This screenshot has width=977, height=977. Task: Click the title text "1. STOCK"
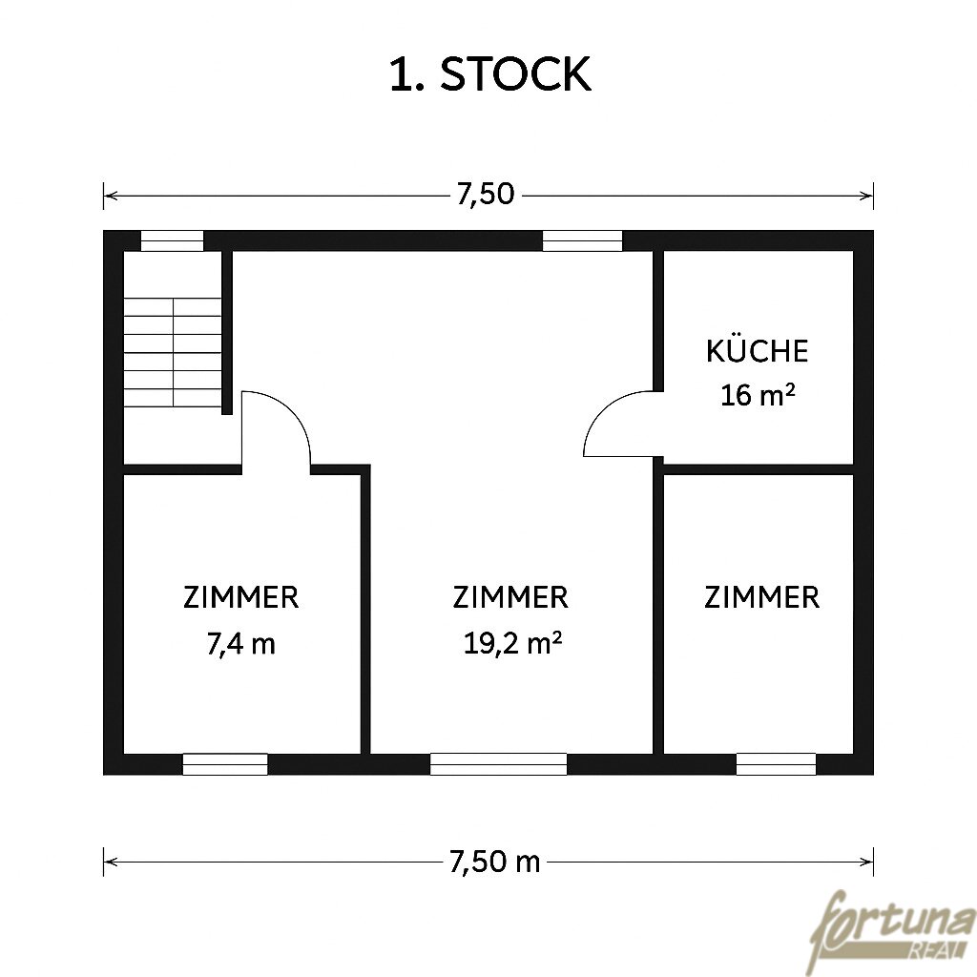coord(489,74)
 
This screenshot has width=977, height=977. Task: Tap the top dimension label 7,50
coord(486,195)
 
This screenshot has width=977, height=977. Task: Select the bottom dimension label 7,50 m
coord(495,863)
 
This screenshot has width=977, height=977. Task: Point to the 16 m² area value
coord(758,395)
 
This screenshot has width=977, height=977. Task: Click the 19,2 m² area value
coord(512,643)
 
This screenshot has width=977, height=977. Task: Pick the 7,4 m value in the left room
coord(240,644)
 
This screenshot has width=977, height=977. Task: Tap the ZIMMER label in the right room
coord(762,597)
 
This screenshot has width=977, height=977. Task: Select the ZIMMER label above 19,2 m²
coord(510,597)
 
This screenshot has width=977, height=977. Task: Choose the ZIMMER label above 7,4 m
coord(241,597)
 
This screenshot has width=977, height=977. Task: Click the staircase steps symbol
coord(173,353)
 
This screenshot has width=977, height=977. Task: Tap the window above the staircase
coord(172,240)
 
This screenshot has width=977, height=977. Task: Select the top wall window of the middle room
coord(583,240)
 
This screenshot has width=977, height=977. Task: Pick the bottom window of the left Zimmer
coord(225,764)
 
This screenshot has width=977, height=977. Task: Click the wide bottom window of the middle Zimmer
coord(498,764)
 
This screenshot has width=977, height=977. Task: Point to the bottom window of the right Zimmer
coord(776,764)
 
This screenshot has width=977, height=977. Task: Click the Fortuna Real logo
coord(893,931)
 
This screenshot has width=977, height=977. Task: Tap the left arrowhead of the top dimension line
coord(111,196)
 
